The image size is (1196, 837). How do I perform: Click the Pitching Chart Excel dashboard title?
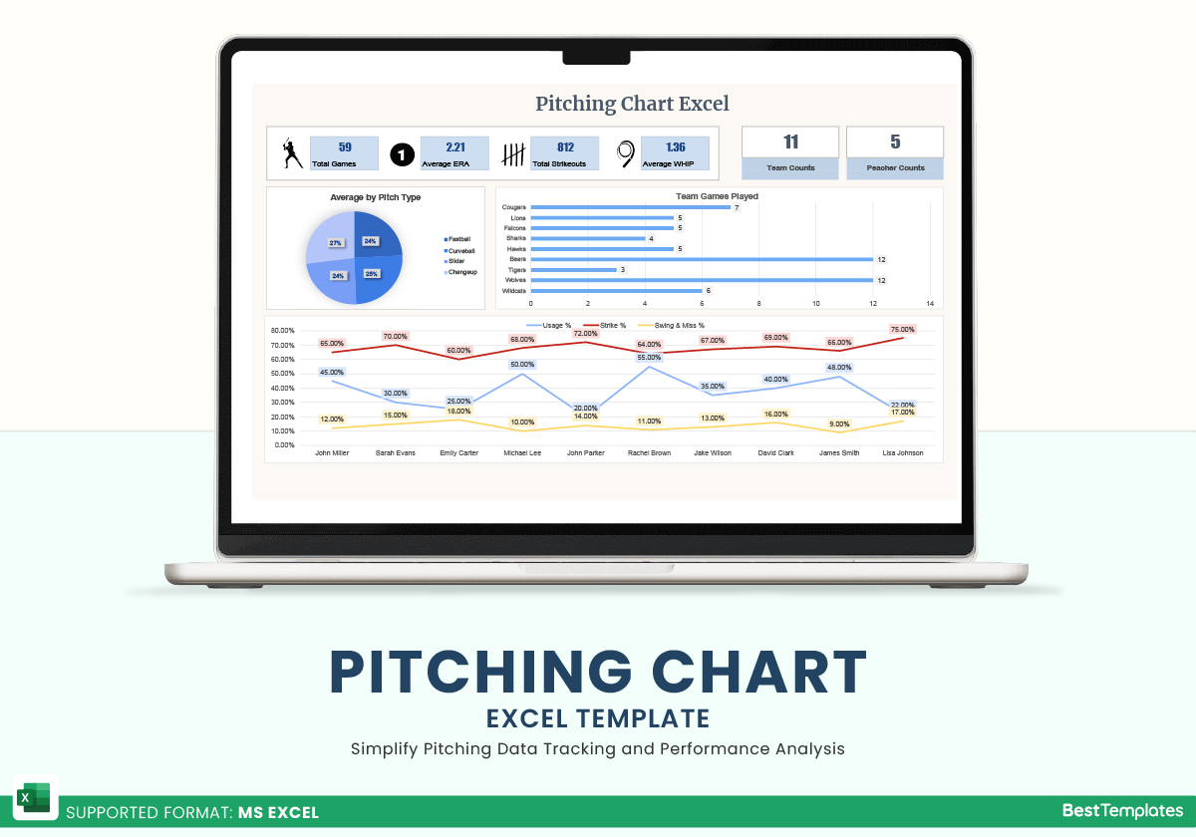point(632,104)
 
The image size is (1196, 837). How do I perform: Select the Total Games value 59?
point(345,147)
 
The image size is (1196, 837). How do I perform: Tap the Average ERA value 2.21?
point(455,147)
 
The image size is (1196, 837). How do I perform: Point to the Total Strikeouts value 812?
point(565,147)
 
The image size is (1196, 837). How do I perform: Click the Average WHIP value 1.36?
point(675,147)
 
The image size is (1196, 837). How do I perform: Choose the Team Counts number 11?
point(791,141)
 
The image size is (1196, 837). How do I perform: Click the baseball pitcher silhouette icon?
point(290,153)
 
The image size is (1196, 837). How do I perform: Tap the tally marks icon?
point(512,154)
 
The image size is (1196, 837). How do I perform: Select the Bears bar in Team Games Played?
point(702,259)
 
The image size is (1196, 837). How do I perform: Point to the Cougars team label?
point(514,207)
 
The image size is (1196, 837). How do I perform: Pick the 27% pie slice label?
point(336,243)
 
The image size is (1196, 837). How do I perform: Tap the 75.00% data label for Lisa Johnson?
point(902,330)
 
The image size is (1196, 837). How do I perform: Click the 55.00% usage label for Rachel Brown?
point(649,357)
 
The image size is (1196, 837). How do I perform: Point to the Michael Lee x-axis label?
point(522,452)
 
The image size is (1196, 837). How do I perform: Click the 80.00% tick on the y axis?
point(283,331)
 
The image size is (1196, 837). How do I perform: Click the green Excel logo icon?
point(34,799)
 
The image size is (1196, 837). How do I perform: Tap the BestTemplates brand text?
point(1122,811)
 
